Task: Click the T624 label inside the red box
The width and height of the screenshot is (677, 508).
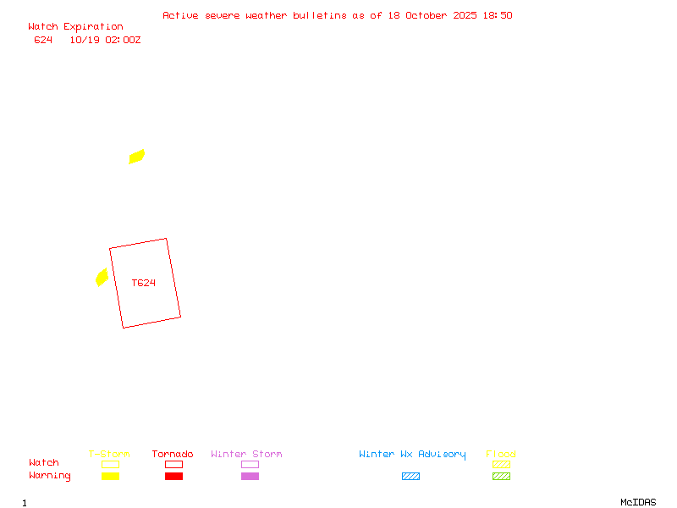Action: [x=144, y=283]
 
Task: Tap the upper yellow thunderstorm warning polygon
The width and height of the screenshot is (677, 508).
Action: [x=137, y=157]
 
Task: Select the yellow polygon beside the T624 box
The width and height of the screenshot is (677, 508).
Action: [x=102, y=278]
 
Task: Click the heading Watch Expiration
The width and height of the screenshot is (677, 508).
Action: [x=75, y=27]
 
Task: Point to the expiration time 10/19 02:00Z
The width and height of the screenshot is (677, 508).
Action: [x=105, y=40]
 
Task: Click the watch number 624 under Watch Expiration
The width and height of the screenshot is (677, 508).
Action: [x=43, y=40]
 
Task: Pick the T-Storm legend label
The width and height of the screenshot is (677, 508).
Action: [x=109, y=455]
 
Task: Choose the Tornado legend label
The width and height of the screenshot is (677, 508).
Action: [x=173, y=455]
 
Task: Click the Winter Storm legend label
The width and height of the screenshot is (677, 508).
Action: [x=246, y=455]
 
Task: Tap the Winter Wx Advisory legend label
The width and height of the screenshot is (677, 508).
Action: [x=412, y=455]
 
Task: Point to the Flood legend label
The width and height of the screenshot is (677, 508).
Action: [x=501, y=455]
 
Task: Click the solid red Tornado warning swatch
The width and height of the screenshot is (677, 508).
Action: [x=173, y=476]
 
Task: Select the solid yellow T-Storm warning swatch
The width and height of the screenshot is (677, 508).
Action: [x=110, y=476]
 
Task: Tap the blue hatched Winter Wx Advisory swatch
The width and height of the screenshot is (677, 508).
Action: [x=410, y=476]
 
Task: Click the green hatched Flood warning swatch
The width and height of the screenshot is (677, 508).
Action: [x=501, y=476]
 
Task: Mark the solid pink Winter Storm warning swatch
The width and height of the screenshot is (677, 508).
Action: [x=250, y=476]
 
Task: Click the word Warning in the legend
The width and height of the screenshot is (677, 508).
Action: [x=50, y=476]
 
